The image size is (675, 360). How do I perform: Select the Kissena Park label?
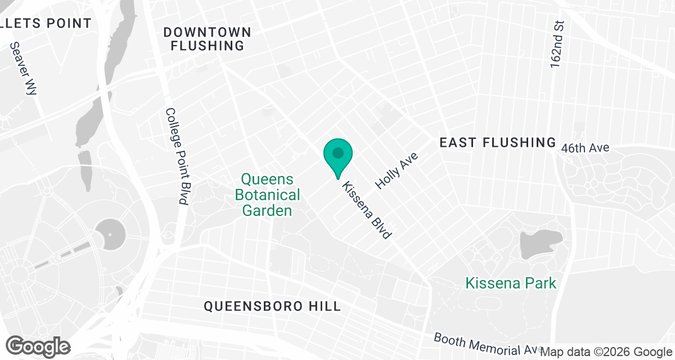coord(511,283)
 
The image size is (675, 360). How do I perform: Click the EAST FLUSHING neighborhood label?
coord(497,143)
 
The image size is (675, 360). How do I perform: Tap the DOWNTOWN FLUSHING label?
coord(207,39)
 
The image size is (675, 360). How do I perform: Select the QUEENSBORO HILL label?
coord(272,307)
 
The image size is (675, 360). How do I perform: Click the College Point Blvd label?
coord(176,156)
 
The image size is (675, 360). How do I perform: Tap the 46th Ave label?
coord(585,148)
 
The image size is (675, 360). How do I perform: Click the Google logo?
coord(38,345)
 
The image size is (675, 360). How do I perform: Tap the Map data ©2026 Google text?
coord(606,352)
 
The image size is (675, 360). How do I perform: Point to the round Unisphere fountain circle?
coord(109,233)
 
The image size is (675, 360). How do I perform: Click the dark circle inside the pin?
coord(338,152)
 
